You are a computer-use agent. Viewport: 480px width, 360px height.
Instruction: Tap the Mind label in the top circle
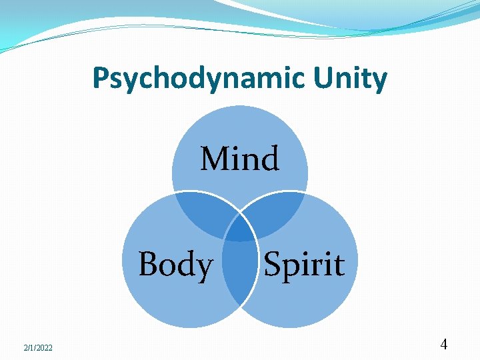pos(240,159)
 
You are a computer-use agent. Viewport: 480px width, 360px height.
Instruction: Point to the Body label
pos(175,264)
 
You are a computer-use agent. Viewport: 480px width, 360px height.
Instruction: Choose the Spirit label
pos(304,264)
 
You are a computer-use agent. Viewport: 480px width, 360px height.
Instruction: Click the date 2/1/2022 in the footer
pos(37,347)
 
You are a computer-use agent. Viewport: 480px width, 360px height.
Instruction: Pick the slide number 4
pos(444,345)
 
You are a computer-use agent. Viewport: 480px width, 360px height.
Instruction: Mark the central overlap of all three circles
pos(240,229)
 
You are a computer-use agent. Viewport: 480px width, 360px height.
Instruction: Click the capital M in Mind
pos(215,159)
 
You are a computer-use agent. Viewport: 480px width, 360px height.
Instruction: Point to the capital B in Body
pos(148,264)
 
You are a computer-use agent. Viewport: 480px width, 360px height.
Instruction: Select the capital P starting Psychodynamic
pos(99,79)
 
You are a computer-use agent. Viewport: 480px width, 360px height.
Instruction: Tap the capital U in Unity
pos(332,79)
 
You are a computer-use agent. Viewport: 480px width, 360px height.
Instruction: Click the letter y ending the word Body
pos(205,267)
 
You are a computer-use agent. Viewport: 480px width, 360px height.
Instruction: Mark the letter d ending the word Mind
pos(270,159)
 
